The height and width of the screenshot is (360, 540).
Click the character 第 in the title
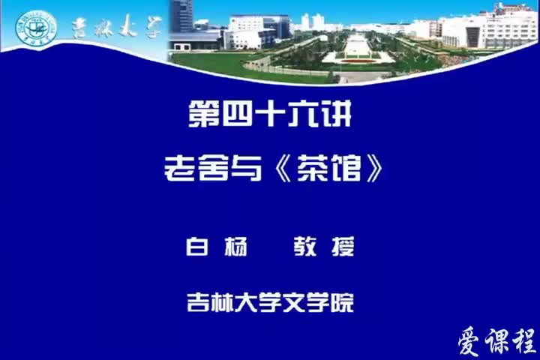(202, 117)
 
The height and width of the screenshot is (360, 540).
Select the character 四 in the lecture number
(235, 117)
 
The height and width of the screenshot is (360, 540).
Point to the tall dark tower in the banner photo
(181, 16)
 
